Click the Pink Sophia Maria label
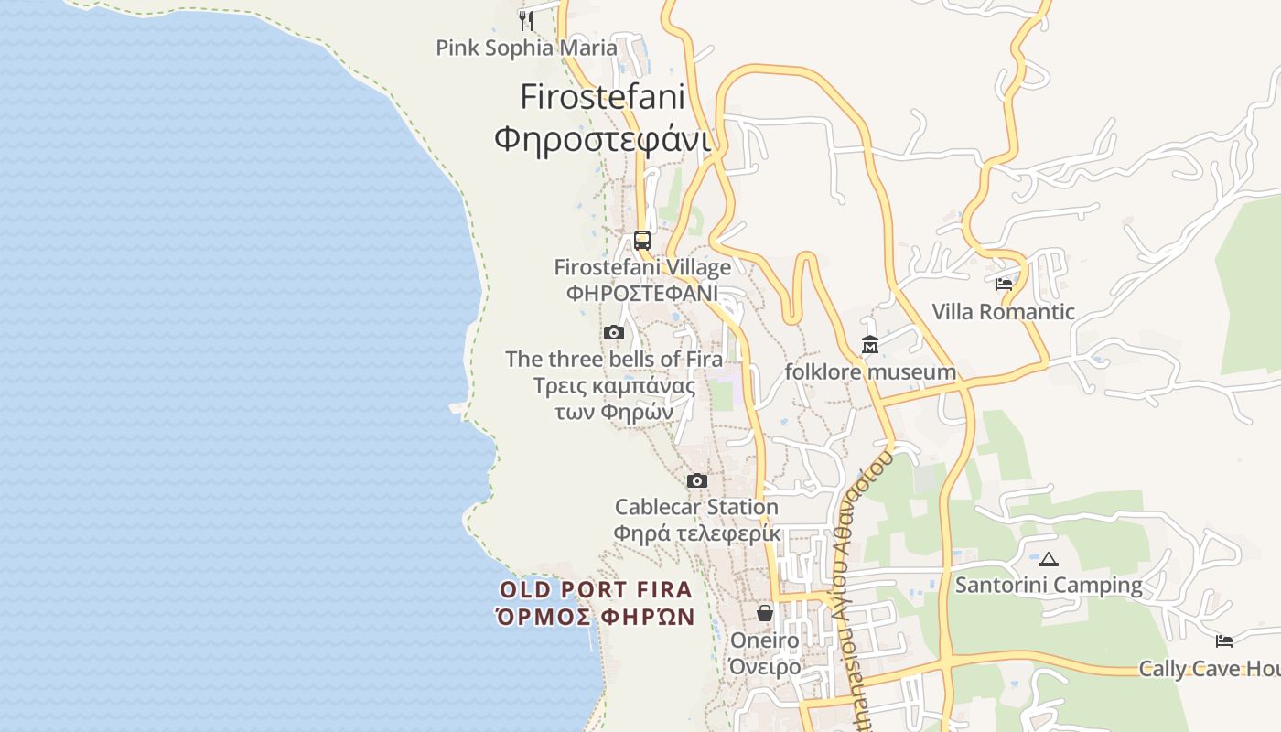coord(526,48)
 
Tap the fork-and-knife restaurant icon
coord(526,19)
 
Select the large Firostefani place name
coord(603,97)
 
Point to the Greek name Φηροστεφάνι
coord(603,139)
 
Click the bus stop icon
coord(642,241)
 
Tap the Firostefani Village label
coord(642,267)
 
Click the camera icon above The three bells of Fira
coord(614,332)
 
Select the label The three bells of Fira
coord(614,359)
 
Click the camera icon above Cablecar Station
coord(697,480)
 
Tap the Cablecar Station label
coord(696,507)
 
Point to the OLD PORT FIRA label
coord(597,589)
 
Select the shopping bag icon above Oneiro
coord(765,613)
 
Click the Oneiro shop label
coord(764,640)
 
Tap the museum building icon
coord(870,345)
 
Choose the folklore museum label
coord(870,372)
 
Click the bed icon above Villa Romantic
coord(1004,285)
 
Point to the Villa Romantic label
coord(1004,312)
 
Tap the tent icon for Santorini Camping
coord(1049,559)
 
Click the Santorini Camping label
coord(1049,585)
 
